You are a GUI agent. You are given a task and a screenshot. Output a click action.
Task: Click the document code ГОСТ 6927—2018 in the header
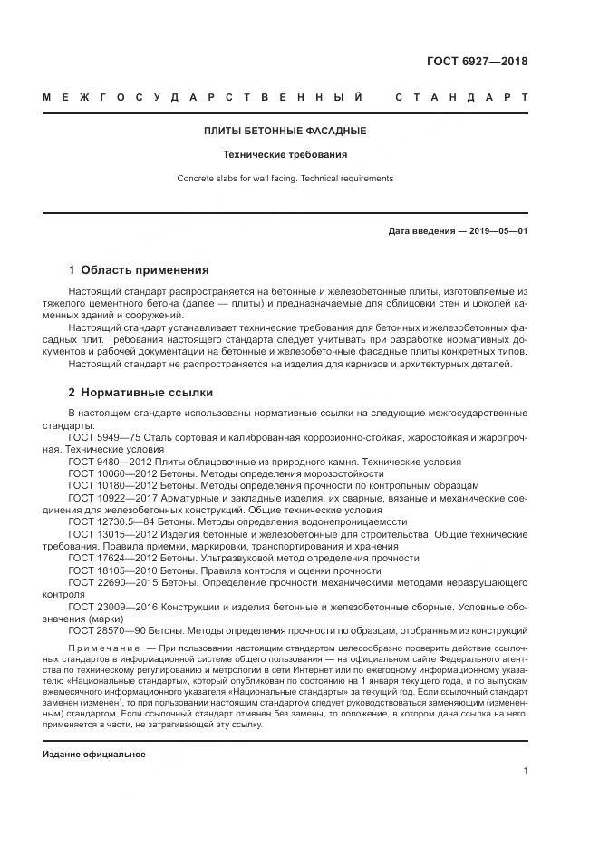point(477,63)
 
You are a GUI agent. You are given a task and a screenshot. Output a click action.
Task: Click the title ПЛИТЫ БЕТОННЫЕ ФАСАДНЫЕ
point(285,132)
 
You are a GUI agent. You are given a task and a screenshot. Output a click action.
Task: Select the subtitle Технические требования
point(285,155)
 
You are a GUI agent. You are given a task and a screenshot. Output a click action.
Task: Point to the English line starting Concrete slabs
point(285,179)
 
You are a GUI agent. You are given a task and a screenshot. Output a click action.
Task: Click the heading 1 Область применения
point(139,270)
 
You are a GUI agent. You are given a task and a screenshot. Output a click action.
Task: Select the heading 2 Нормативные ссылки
point(140,393)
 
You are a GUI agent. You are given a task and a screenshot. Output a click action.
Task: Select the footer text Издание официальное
point(94,755)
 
